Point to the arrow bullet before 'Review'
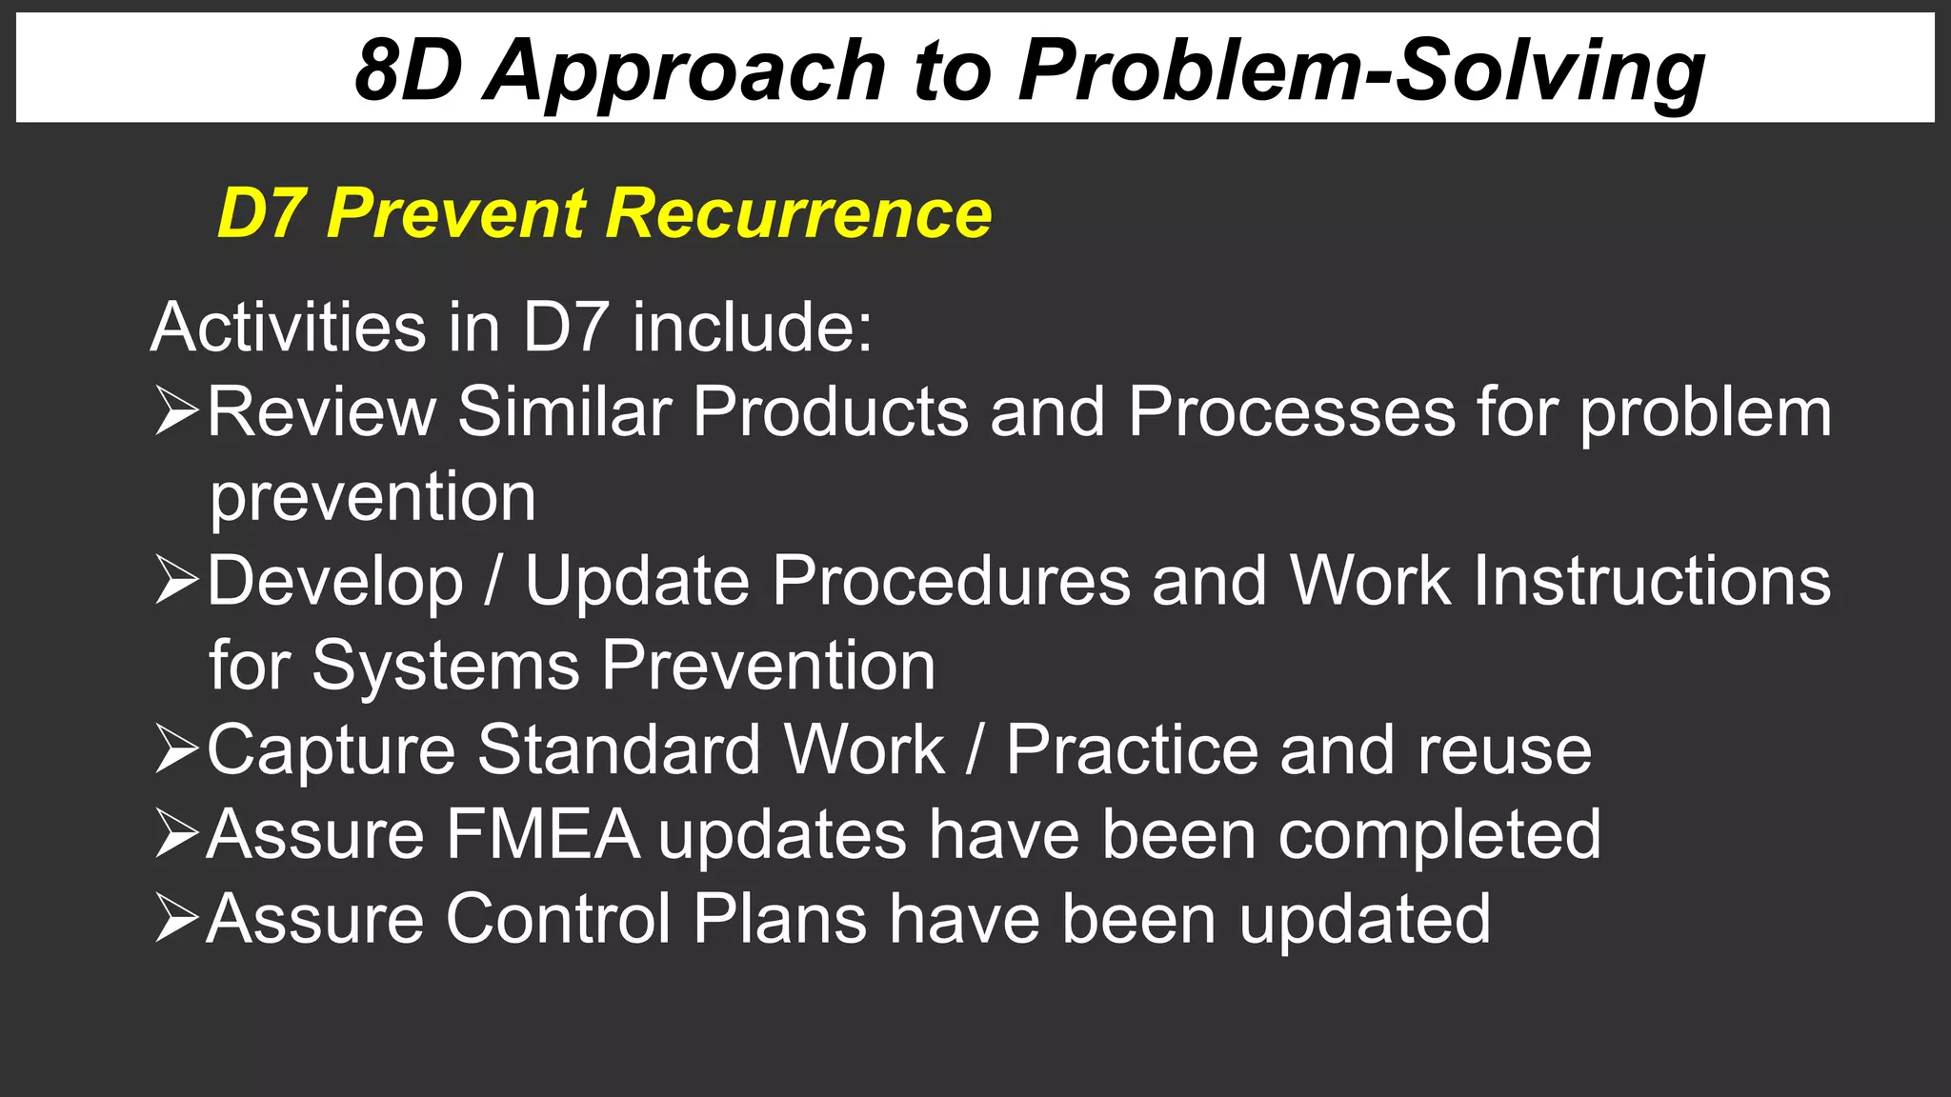click(176, 411)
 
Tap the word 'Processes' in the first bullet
click(1291, 411)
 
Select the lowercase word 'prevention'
click(372, 497)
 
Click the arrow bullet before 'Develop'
click(176, 581)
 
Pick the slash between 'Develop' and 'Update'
click(493, 581)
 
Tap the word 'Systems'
click(446, 665)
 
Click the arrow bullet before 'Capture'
click(176, 749)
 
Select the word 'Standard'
click(618, 749)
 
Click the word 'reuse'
click(1504, 749)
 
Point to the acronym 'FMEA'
click(543, 834)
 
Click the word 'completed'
click(1438, 834)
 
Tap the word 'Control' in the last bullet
click(558, 919)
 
